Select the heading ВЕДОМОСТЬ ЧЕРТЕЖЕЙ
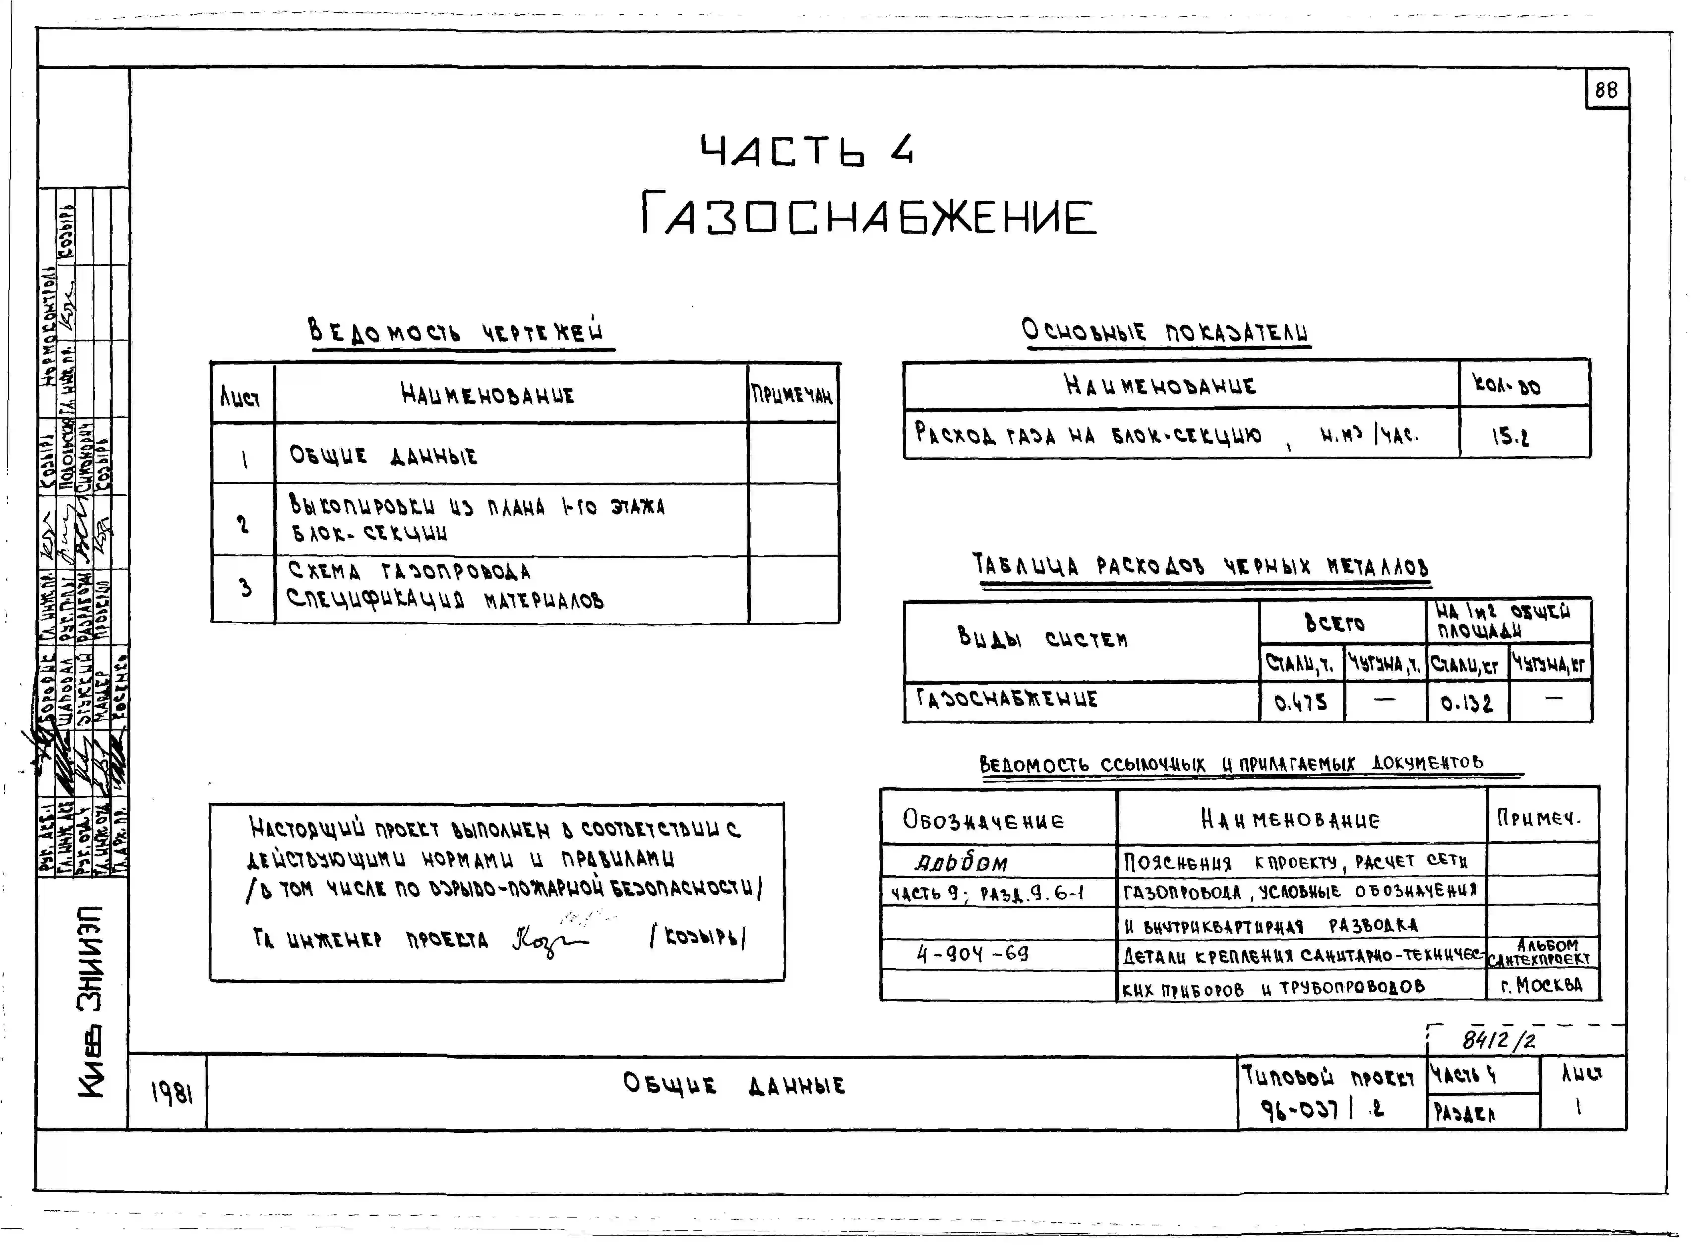tap(457, 332)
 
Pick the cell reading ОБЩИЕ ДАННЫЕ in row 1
tap(384, 456)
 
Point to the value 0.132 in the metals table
tap(1466, 703)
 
